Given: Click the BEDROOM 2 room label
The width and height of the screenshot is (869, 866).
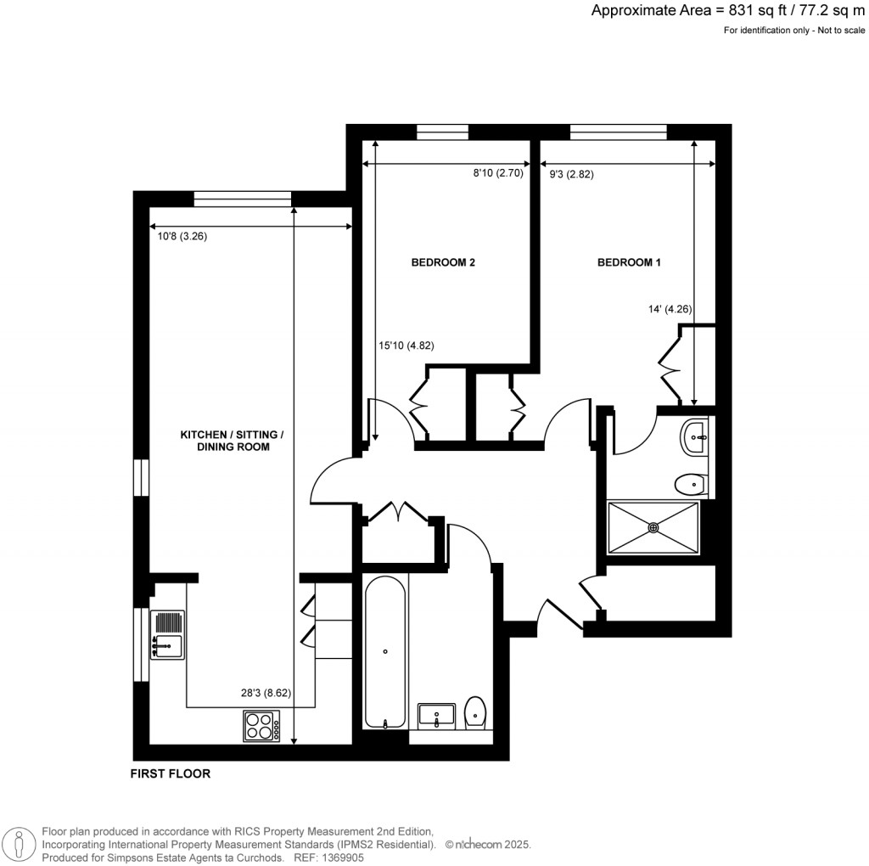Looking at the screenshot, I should pyautogui.click(x=442, y=262).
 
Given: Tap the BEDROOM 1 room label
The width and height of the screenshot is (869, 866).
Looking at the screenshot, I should pyautogui.click(x=629, y=262).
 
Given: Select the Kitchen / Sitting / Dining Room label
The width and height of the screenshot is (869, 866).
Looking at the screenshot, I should pyautogui.click(x=232, y=441).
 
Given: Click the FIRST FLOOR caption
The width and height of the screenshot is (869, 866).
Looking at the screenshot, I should pyautogui.click(x=170, y=773).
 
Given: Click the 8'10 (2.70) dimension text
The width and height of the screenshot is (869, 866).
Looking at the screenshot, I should pyautogui.click(x=502, y=173).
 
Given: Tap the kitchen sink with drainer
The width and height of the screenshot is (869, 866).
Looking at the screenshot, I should pyautogui.click(x=167, y=635).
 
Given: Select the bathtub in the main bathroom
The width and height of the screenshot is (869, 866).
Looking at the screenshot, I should pyautogui.click(x=385, y=651).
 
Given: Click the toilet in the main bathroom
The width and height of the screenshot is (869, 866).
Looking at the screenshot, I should pyautogui.click(x=476, y=712).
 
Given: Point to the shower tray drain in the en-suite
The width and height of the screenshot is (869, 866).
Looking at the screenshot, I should pyautogui.click(x=653, y=527).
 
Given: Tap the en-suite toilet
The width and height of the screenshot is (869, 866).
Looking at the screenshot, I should pyautogui.click(x=692, y=485).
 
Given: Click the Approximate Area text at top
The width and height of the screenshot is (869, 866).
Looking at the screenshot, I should pyautogui.click(x=728, y=11).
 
